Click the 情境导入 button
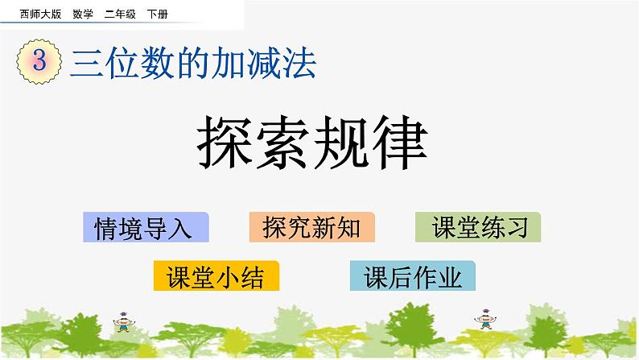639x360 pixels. (145, 228)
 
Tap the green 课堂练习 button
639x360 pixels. (478, 228)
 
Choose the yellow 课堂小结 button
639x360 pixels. (216, 276)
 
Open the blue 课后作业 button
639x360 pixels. (413, 276)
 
